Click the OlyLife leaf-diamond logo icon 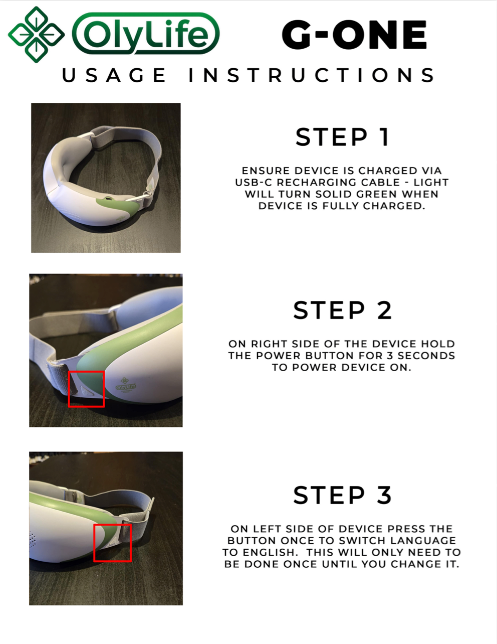point(36,35)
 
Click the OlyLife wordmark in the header point(146,34)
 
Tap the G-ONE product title point(354,35)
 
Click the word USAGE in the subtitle point(114,75)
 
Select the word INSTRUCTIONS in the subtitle point(312,75)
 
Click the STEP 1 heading point(342,137)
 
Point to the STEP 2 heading point(342,310)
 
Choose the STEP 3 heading point(342,495)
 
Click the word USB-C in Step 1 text point(254,182)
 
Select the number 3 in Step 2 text point(390,355)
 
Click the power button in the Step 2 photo point(86,391)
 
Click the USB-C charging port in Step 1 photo point(108,198)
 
